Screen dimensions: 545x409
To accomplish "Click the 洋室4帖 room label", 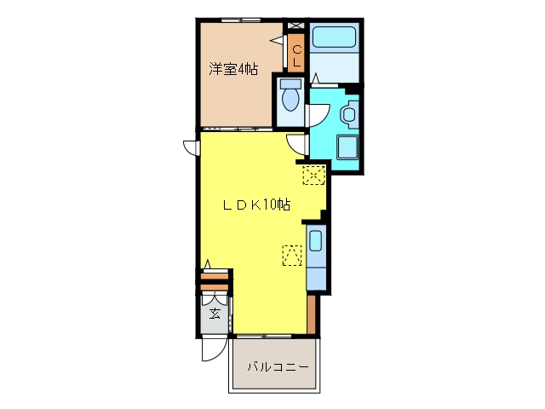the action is point(233,69).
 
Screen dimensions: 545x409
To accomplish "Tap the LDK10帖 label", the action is point(256,204).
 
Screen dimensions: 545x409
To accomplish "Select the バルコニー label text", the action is point(278,367).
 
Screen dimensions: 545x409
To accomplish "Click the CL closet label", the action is point(297,56).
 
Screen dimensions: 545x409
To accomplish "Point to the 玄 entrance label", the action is point(215,314).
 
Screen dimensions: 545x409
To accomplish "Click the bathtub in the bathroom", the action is point(334,37).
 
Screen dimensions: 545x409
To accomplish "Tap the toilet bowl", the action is point(290,99).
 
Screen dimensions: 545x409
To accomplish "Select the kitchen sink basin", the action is point(315,240).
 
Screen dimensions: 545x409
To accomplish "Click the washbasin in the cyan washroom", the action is point(348,114).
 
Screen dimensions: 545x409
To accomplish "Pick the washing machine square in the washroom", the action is point(347,147).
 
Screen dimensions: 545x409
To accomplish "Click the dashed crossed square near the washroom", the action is point(314,175).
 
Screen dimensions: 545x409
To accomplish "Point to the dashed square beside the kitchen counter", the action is point(292,256).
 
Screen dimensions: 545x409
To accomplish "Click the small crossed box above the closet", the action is point(295,26).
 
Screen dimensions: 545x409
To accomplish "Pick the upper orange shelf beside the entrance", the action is point(215,276).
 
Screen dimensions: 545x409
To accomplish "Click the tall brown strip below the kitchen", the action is point(311,314).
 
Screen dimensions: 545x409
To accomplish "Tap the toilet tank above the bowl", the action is point(290,84).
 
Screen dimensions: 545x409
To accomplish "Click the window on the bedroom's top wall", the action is point(241,20).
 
